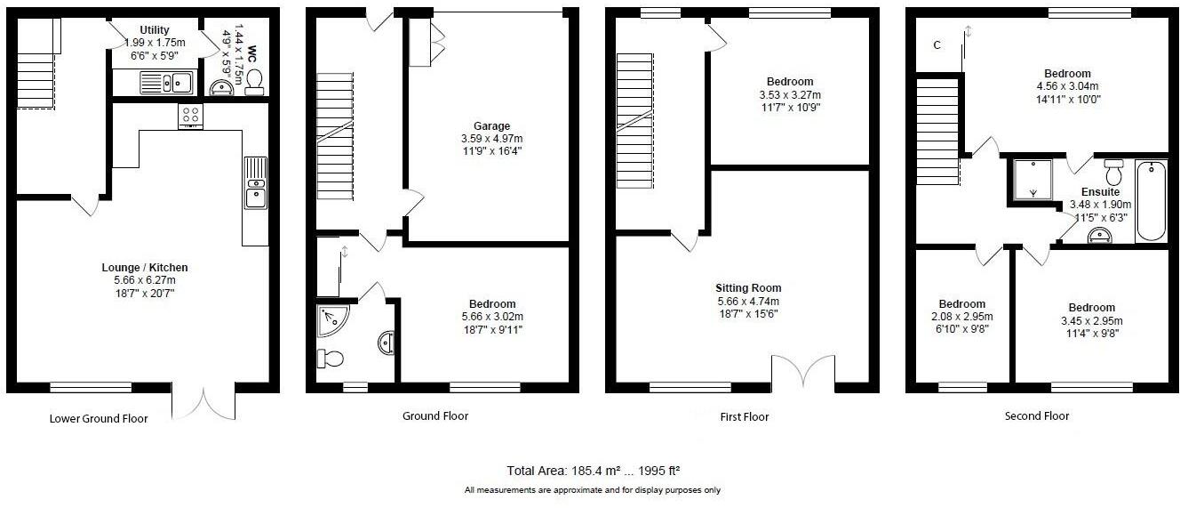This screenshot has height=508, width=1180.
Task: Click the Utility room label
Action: [x=155, y=30]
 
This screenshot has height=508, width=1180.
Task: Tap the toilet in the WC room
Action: [x=254, y=83]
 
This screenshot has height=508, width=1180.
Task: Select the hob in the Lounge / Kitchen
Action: [x=190, y=116]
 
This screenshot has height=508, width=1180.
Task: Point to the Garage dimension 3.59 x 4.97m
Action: [x=490, y=139]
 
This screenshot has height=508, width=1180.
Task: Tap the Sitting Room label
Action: [x=748, y=288]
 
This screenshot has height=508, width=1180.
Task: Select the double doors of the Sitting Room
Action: [x=803, y=372]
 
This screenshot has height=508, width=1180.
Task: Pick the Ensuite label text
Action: [x=1100, y=191]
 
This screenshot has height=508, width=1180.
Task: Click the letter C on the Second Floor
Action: [x=937, y=44]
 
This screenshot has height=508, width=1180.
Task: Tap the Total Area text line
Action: [x=592, y=470]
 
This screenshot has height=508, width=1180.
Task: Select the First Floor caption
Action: [x=745, y=416]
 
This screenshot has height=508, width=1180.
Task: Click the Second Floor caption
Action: [x=1037, y=415]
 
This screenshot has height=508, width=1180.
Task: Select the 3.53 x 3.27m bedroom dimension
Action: [x=790, y=95]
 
